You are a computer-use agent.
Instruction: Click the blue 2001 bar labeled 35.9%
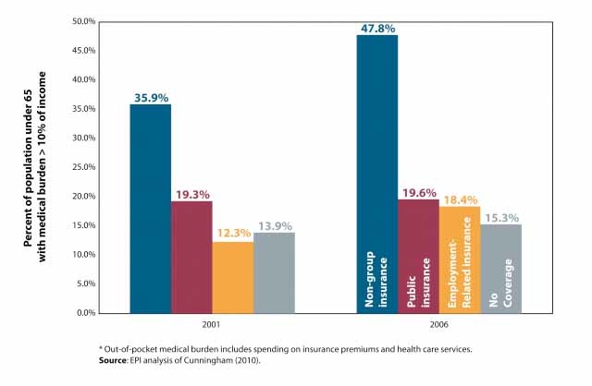tap(150, 209)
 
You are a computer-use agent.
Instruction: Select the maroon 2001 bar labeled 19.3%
tap(191, 257)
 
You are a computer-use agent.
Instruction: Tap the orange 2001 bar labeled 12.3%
tap(232, 277)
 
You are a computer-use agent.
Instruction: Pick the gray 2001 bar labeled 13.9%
tap(274, 272)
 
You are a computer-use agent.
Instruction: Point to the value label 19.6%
tap(418, 191)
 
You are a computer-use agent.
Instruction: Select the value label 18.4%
tap(460, 198)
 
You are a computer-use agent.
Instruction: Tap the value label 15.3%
tap(500, 215)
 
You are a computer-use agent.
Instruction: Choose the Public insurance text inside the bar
tap(418, 281)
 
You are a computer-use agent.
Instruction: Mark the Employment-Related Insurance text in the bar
tap(460, 264)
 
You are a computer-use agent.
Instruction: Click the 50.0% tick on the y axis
tap(84, 20)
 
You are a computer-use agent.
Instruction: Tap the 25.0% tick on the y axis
tap(84, 166)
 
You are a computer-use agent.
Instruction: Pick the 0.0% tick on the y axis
tap(87, 312)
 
